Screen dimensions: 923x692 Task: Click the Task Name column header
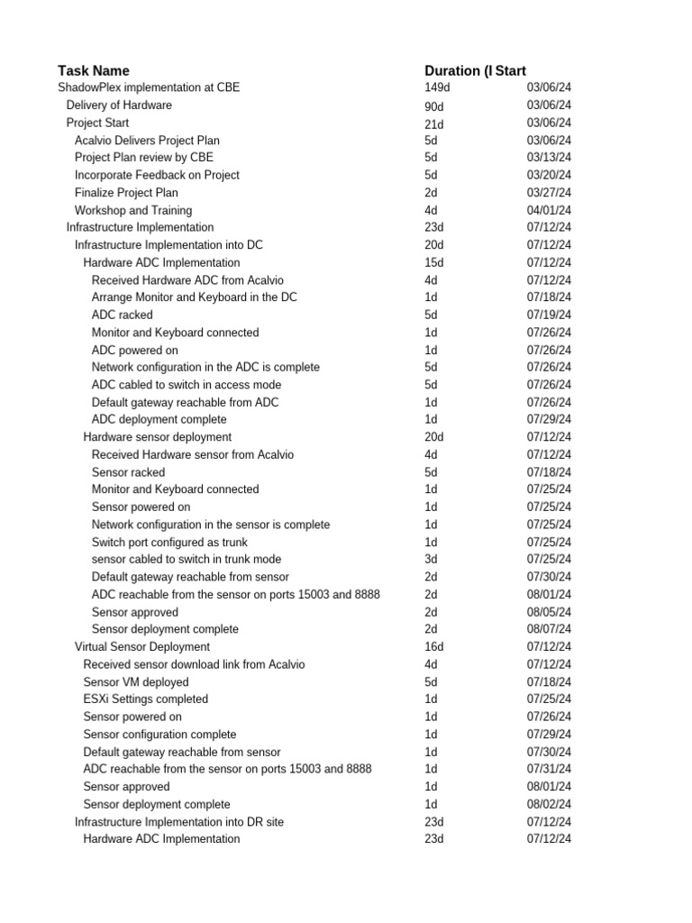click(94, 70)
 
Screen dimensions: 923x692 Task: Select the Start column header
click(510, 70)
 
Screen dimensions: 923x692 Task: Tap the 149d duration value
click(436, 87)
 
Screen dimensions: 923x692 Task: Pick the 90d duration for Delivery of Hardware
click(434, 105)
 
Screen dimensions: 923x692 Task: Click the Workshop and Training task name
click(133, 210)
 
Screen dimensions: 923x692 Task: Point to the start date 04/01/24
click(549, 210)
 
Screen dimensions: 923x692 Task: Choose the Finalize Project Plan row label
click(126, 193)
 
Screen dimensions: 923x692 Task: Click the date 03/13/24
click(549, 158)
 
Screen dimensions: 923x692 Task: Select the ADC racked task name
click(123, 315)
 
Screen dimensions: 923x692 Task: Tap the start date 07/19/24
click(549, 315)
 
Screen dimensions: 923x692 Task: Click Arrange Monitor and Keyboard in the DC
click(195, 297)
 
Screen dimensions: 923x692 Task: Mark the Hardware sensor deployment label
click(158, 437)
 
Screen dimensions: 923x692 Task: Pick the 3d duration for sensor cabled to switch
click(431, 559)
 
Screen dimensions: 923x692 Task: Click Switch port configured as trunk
click(169, 542)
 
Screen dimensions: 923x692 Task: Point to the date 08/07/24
click(549, 629)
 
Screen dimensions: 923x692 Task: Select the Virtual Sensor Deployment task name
click(142, 646)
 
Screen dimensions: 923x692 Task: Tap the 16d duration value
click(434, 646)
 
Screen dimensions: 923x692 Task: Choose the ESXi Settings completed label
click(146, 699)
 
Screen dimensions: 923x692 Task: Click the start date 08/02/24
click(549, 804)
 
